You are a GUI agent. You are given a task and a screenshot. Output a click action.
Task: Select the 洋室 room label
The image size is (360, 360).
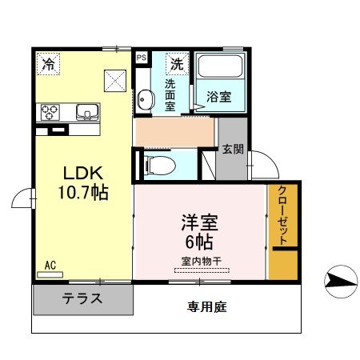click(x=199, y=222)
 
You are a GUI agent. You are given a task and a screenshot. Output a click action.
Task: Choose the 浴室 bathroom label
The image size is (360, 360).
click(x=221, y=97)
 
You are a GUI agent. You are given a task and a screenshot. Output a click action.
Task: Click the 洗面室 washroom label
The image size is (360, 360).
click(x=171, y=94)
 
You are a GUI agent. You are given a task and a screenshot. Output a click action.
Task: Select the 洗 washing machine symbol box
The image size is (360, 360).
click(x=176, y=63)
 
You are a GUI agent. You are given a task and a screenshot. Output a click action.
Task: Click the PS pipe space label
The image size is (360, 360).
click(x=142, y=58)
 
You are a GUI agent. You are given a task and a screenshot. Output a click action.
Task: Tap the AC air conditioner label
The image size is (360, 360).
click(x=50, y=265)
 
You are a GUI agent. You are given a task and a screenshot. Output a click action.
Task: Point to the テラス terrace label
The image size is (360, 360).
click(x=82, y=301)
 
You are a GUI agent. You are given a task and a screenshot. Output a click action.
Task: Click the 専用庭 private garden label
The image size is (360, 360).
click(x=206, y=306)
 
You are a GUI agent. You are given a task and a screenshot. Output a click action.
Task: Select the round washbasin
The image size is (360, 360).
click(x=146, y=101)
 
